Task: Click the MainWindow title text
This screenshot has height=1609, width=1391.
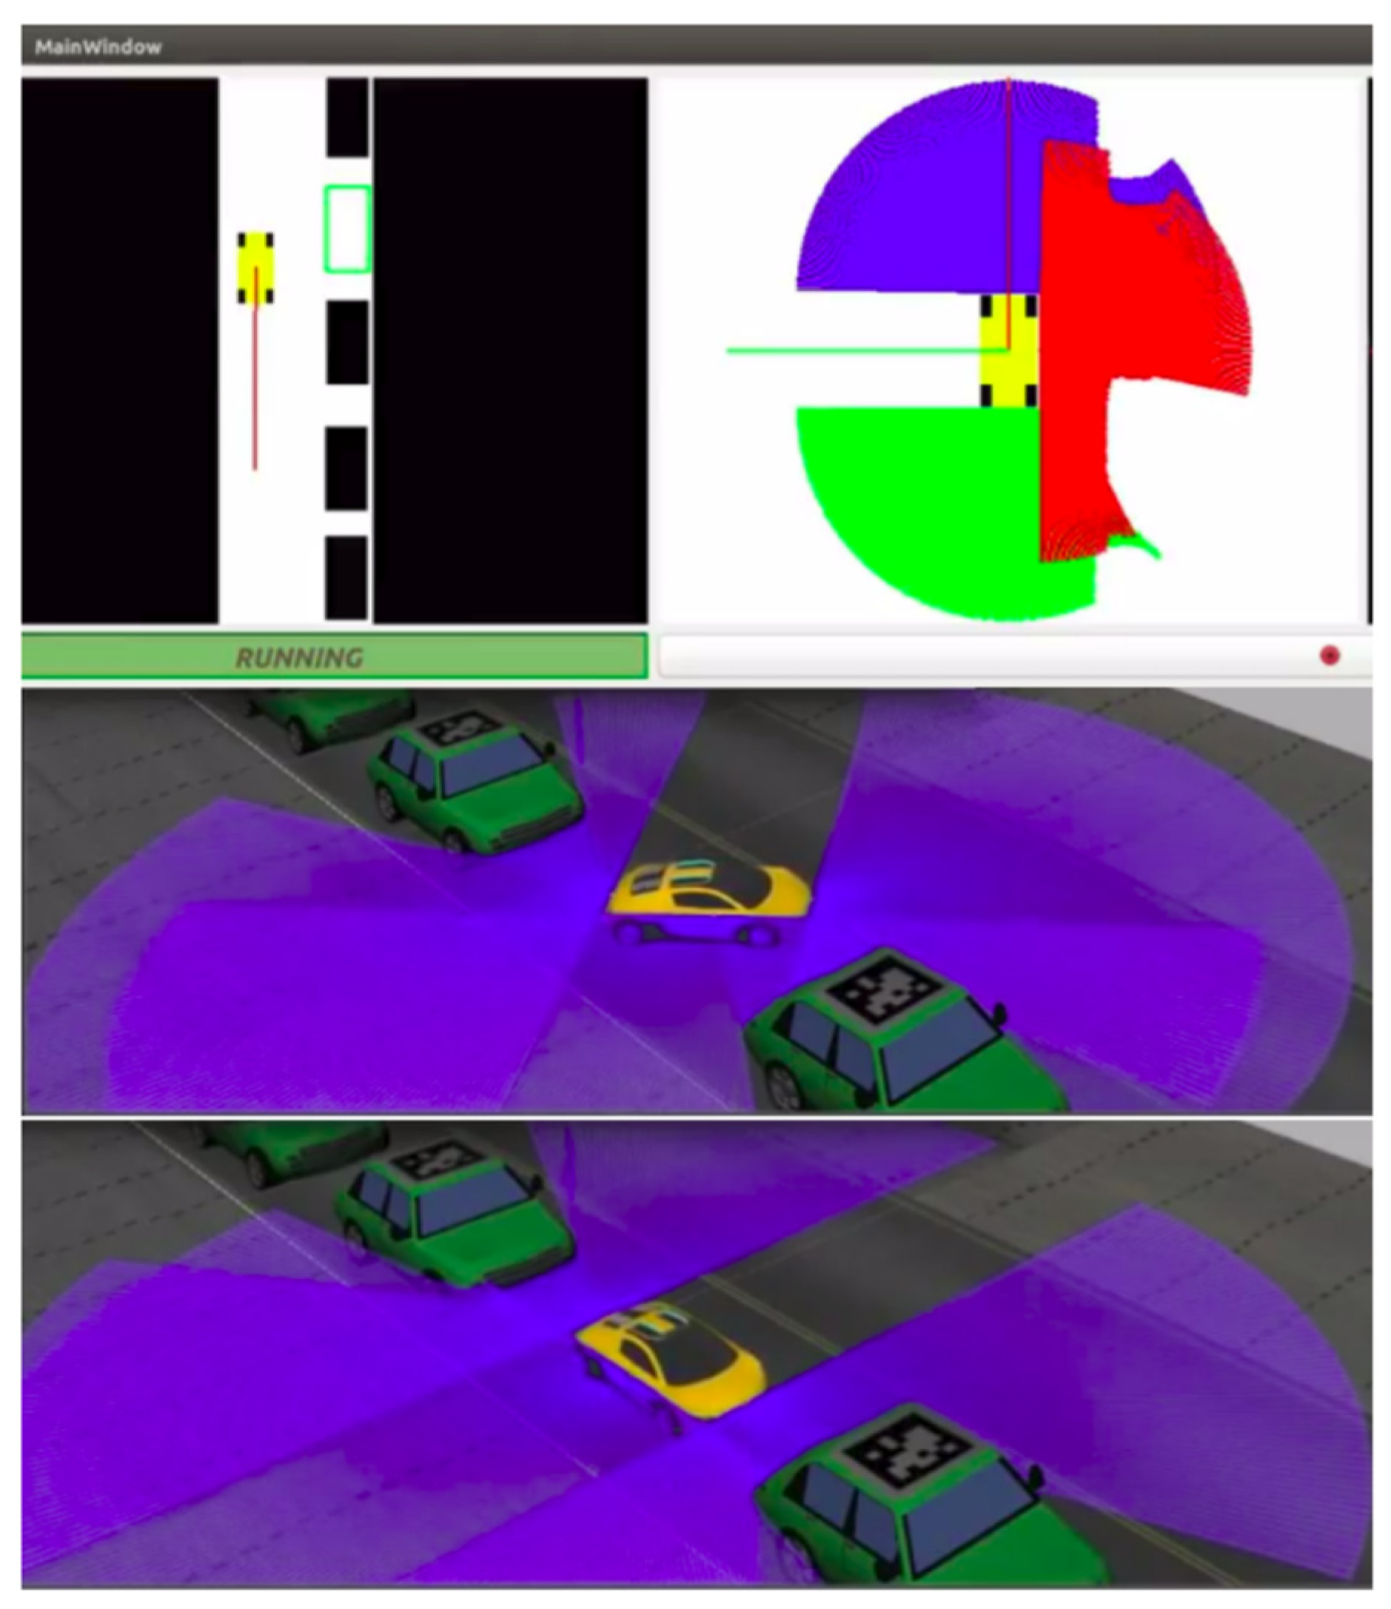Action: tap(98, 47)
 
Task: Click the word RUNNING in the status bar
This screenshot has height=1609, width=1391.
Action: tap(299, 658)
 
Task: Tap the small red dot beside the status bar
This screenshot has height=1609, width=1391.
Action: tap(1330, 656)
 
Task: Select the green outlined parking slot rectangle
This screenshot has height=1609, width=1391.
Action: tap(347, 229)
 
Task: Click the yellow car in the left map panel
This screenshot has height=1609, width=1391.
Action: tap(255, 268)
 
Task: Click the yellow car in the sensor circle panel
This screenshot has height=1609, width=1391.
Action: tap(1009, 350)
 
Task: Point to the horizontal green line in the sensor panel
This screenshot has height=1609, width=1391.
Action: tap(867, 350)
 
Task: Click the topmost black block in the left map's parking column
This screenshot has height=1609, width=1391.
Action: tap(347, 117)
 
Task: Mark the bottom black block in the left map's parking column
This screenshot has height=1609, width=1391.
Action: tap(346, 579)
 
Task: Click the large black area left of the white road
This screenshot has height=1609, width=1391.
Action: tap(120, 349)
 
